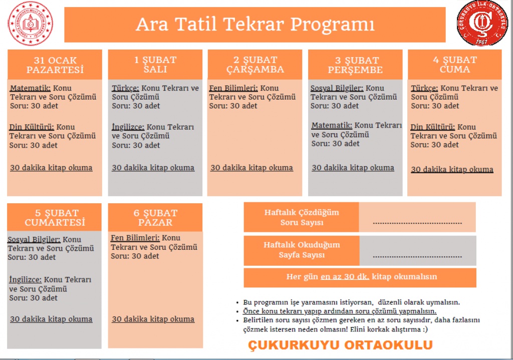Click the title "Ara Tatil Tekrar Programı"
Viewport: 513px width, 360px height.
[255, 24]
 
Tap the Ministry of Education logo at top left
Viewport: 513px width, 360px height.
[31, 24]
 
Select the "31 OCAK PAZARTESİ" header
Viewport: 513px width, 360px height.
[55, 65]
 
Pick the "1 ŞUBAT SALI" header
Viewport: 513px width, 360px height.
[155, 64]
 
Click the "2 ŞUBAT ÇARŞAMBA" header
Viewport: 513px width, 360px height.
[255, 65]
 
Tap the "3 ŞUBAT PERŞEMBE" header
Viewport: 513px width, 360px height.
[355, 65]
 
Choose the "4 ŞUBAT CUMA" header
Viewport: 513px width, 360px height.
[454, 64]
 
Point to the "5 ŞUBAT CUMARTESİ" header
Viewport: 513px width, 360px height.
[55, 217]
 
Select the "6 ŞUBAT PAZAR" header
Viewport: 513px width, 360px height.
[155, 217]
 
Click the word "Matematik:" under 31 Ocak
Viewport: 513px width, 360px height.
[31, 88]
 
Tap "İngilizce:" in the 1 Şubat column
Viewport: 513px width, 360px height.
[128, 127]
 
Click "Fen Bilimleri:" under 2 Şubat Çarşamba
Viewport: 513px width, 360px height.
[234, 88]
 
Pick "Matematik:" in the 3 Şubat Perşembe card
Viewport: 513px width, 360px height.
[332, 126]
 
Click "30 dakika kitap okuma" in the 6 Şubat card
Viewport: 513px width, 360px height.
[153, 319]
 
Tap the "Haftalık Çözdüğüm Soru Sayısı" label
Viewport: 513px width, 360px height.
[302, 217]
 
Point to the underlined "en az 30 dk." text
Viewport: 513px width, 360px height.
[345, 276]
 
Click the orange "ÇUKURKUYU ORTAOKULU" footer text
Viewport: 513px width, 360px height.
[340, 345]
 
